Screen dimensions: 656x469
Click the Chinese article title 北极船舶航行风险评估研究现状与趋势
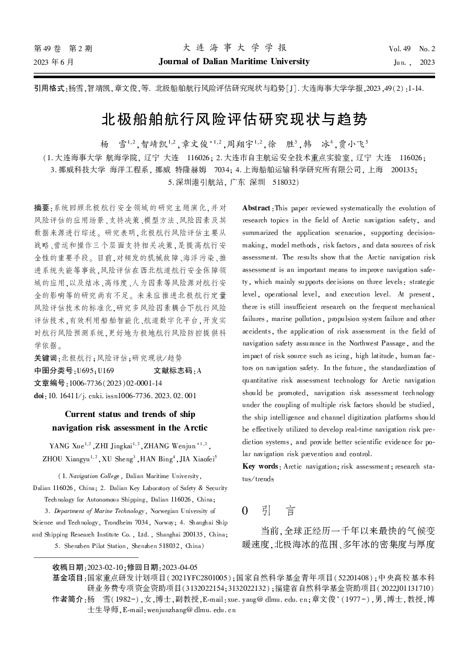click(x=234, y=120)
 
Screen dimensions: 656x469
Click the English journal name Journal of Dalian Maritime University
click(x=234, y=62)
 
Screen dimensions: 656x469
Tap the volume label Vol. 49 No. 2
click(x=412, y=49)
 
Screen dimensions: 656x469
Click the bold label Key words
click(x=261, y=466)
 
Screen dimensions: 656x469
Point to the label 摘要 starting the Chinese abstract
click(x=42, y=208)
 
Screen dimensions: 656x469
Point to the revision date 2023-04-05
click(x=179, y=567)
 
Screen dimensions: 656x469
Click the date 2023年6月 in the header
click(x=54, y=62)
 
